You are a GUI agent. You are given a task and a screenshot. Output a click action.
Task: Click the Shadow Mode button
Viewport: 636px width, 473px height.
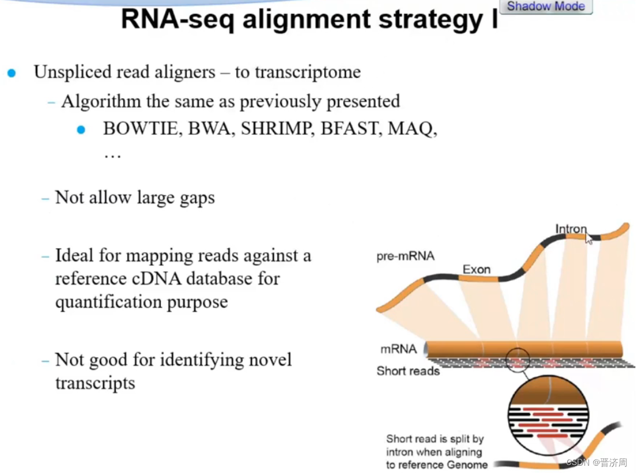(545, 7)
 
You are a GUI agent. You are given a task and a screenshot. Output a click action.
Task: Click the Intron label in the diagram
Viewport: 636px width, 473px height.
(571, 230)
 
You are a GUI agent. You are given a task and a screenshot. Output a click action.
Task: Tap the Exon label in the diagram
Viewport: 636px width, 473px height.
(476, 269)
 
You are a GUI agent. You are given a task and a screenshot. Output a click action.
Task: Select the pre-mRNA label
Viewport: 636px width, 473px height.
(405, 257)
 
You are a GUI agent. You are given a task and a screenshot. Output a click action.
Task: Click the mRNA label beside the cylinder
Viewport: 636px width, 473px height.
(398, 349)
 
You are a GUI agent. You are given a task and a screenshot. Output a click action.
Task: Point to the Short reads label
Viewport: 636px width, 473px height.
(408, 371)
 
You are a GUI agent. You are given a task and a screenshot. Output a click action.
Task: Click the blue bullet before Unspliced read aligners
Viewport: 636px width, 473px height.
(12, 73)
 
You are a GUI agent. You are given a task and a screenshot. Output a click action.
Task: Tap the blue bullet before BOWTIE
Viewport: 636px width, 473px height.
(81, 130)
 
